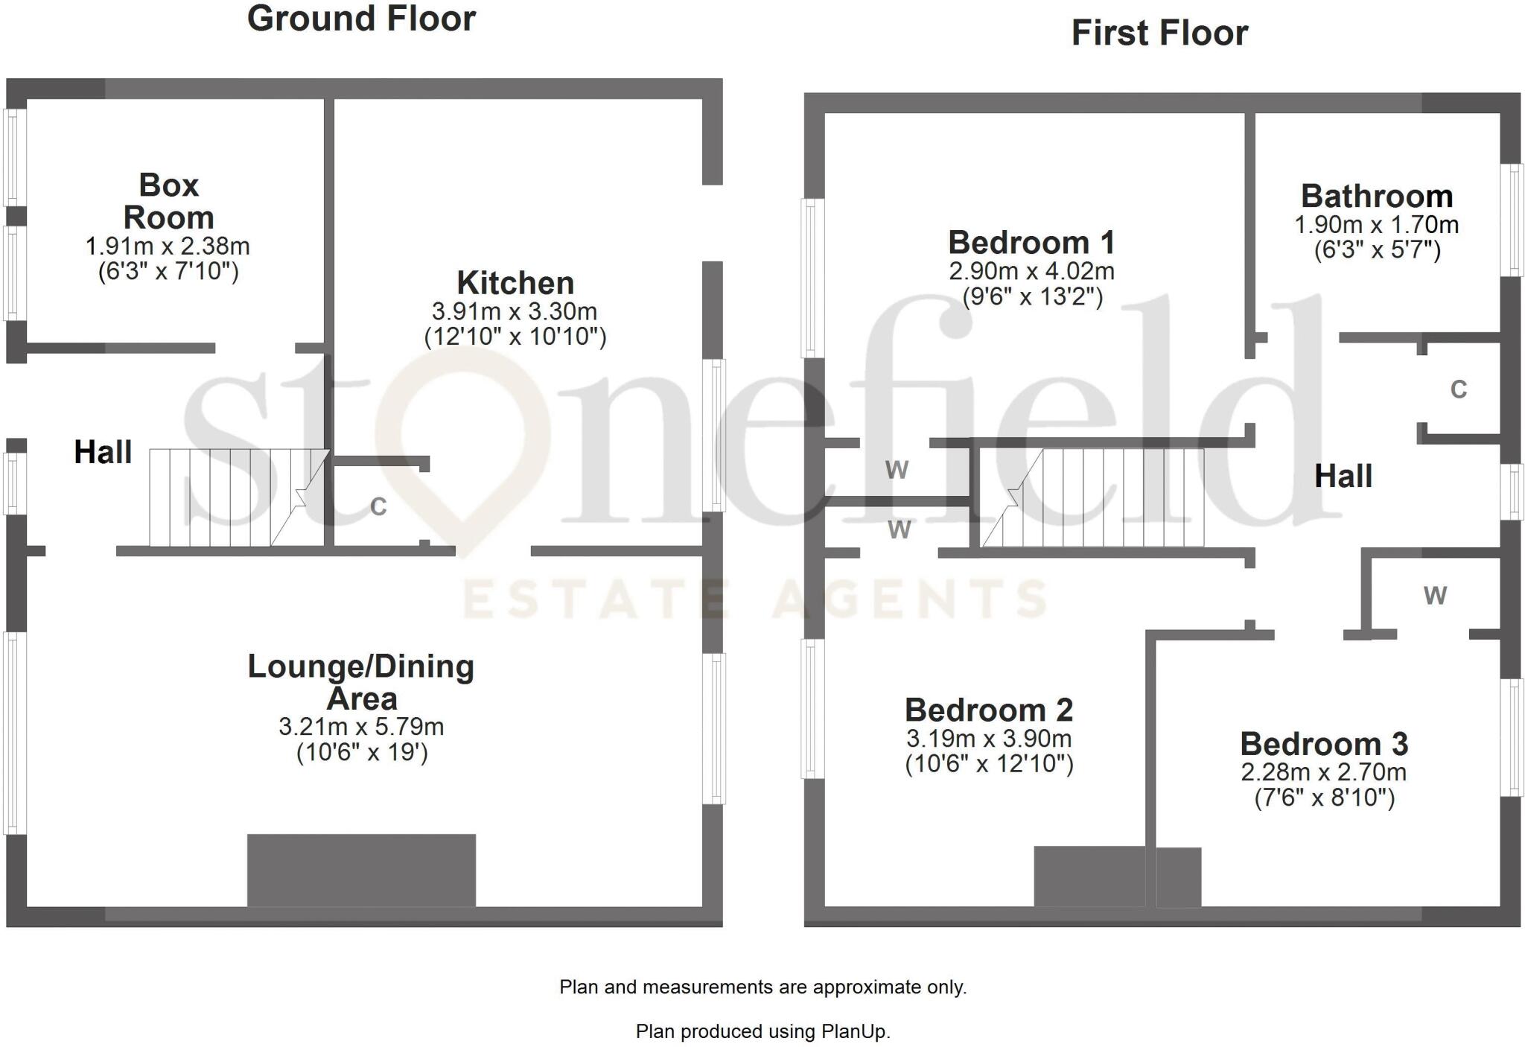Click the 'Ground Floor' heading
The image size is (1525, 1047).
coord(361,19)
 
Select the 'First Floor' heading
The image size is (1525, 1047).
coord(1159,34)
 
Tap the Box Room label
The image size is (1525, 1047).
coord(168,201)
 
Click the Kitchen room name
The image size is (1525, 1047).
coord(515,283)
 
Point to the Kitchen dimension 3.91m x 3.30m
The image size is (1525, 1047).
coord(515,311)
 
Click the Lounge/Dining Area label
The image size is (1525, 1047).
coord(361,682)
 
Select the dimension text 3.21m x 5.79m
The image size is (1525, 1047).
coord(361,726)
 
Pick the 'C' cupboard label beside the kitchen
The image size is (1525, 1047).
coord(378,507)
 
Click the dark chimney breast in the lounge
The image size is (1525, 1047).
coord(361,870)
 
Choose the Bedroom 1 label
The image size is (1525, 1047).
coord(1031,243)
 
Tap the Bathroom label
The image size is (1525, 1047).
coord(1377,197)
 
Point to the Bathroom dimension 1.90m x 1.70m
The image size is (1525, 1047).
coord(1377,225)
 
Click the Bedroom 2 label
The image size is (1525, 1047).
coord(989,710)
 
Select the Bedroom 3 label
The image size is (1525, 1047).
coord(1324,744)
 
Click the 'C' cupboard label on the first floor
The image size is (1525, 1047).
coord(1458,389)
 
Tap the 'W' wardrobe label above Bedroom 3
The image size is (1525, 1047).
coord(1435,596)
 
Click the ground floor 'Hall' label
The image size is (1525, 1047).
coord(103,452)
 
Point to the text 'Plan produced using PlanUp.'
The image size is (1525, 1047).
coord(762,1031)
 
